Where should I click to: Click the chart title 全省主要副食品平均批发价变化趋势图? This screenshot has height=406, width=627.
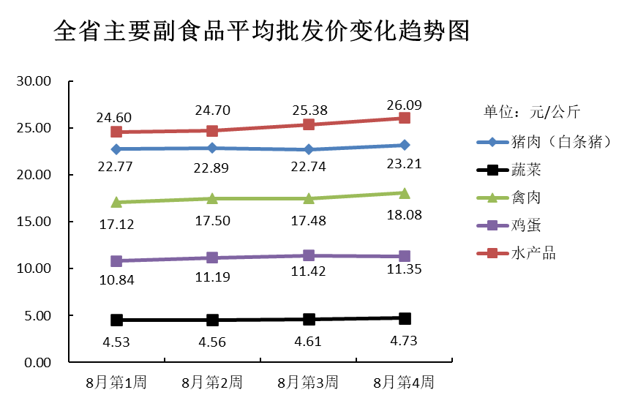pyautogui.click(x=261, y=31)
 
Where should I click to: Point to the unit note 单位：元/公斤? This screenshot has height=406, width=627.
pyautogui.click(x=532, y=112)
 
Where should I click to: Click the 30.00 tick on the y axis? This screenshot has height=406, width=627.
pyautogui.click(x=34, y=81)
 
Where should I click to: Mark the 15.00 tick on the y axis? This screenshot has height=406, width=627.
pyautogui.click(x=34, y=222)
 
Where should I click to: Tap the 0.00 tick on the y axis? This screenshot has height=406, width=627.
pyautogui.click(x=37, y=363)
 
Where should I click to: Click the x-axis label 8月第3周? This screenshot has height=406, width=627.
pyautogui.click(x=308, y=383)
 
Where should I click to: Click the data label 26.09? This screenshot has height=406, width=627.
pyautogui.click(x=404, y=105)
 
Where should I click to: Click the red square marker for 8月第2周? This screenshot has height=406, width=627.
pyautogui.click(x=212, y=131)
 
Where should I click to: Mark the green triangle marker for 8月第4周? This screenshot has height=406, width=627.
pyautogui.click(x=405, y=193)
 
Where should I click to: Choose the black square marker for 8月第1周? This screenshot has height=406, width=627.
pyautogui.click(x=116, y=320)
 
